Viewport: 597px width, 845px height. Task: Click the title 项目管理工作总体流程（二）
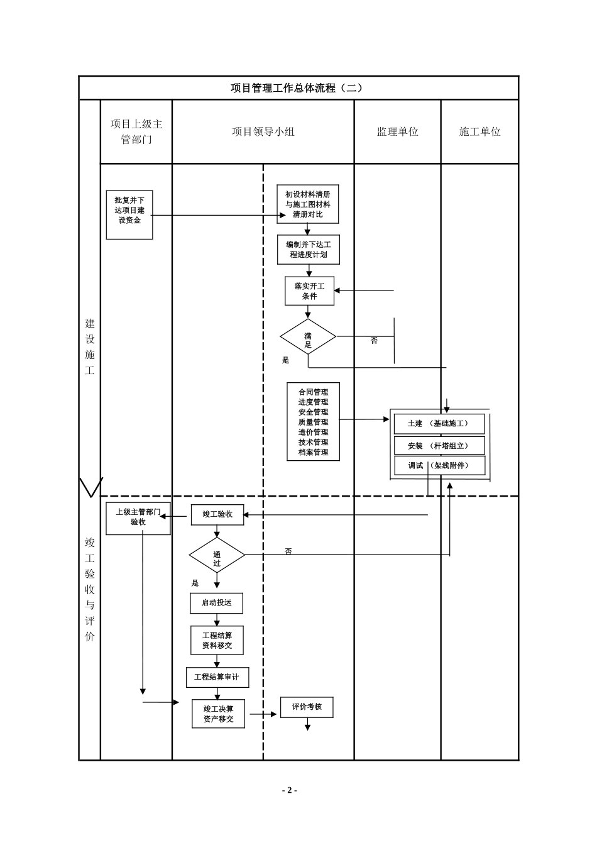pos(297,88)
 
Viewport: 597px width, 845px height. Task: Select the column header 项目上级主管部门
pos(136,132)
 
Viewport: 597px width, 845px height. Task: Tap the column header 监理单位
pos(397,132)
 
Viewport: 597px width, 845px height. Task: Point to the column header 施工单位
pos(479,132)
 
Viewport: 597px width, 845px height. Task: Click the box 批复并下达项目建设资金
pos(129,214)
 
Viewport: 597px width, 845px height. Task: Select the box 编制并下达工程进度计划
pos(308,250)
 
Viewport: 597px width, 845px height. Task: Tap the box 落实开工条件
pos(309,291)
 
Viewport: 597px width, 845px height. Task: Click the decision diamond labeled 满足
pos(308,337)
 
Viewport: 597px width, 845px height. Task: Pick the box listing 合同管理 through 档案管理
pos(313,422)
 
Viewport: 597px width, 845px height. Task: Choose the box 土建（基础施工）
pos(439,424)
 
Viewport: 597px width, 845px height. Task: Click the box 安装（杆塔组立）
pos(439,446)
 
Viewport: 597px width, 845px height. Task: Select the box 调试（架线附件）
pos(439,466)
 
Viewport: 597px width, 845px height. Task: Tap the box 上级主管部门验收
pos(138,518)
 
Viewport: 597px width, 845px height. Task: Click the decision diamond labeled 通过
pos(217,555)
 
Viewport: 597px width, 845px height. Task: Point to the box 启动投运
pos(217,603)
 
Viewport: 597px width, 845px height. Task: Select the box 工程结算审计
pos(217,677)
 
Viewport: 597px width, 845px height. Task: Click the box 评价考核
pos(307,707)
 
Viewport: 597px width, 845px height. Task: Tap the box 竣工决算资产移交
pos(218,714)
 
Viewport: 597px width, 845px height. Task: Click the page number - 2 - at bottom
pos(289,790)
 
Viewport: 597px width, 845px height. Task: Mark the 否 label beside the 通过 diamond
pos(288,551)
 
